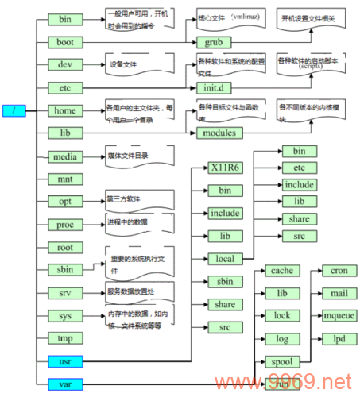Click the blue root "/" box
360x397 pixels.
pyautogui.click(x=14, y=110)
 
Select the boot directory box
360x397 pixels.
pyautogui.click(x=65, y=40)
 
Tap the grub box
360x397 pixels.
pyautogui.click(x=214, y=40)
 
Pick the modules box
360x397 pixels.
pyautogui.click(x=219, y=133)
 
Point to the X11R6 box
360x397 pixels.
pyautogui.click(x=225, y=168)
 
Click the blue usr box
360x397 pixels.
pyautogui.click(x=65, y=361)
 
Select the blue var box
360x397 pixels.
pyautogui.click(x=65, y=384)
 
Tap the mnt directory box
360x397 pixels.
pyautogui.click(x=65, y=179)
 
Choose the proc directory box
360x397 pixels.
pyautogui.click(x=65, y=225)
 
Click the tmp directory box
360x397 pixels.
pyautogui.click(x=65, y=338)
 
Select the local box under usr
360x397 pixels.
pyautogui.click(x=225, y=259)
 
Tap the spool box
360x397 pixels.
pyautogui.click(x=281, y=361)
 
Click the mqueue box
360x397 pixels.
pyautogui.click(x=338, y=316)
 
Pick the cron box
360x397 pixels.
pyautogui.click(x=338, y=271)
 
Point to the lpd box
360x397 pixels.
pyautogui.click(x=338, y=339)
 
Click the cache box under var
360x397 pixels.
pyautogui.click(x=281, y=271)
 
